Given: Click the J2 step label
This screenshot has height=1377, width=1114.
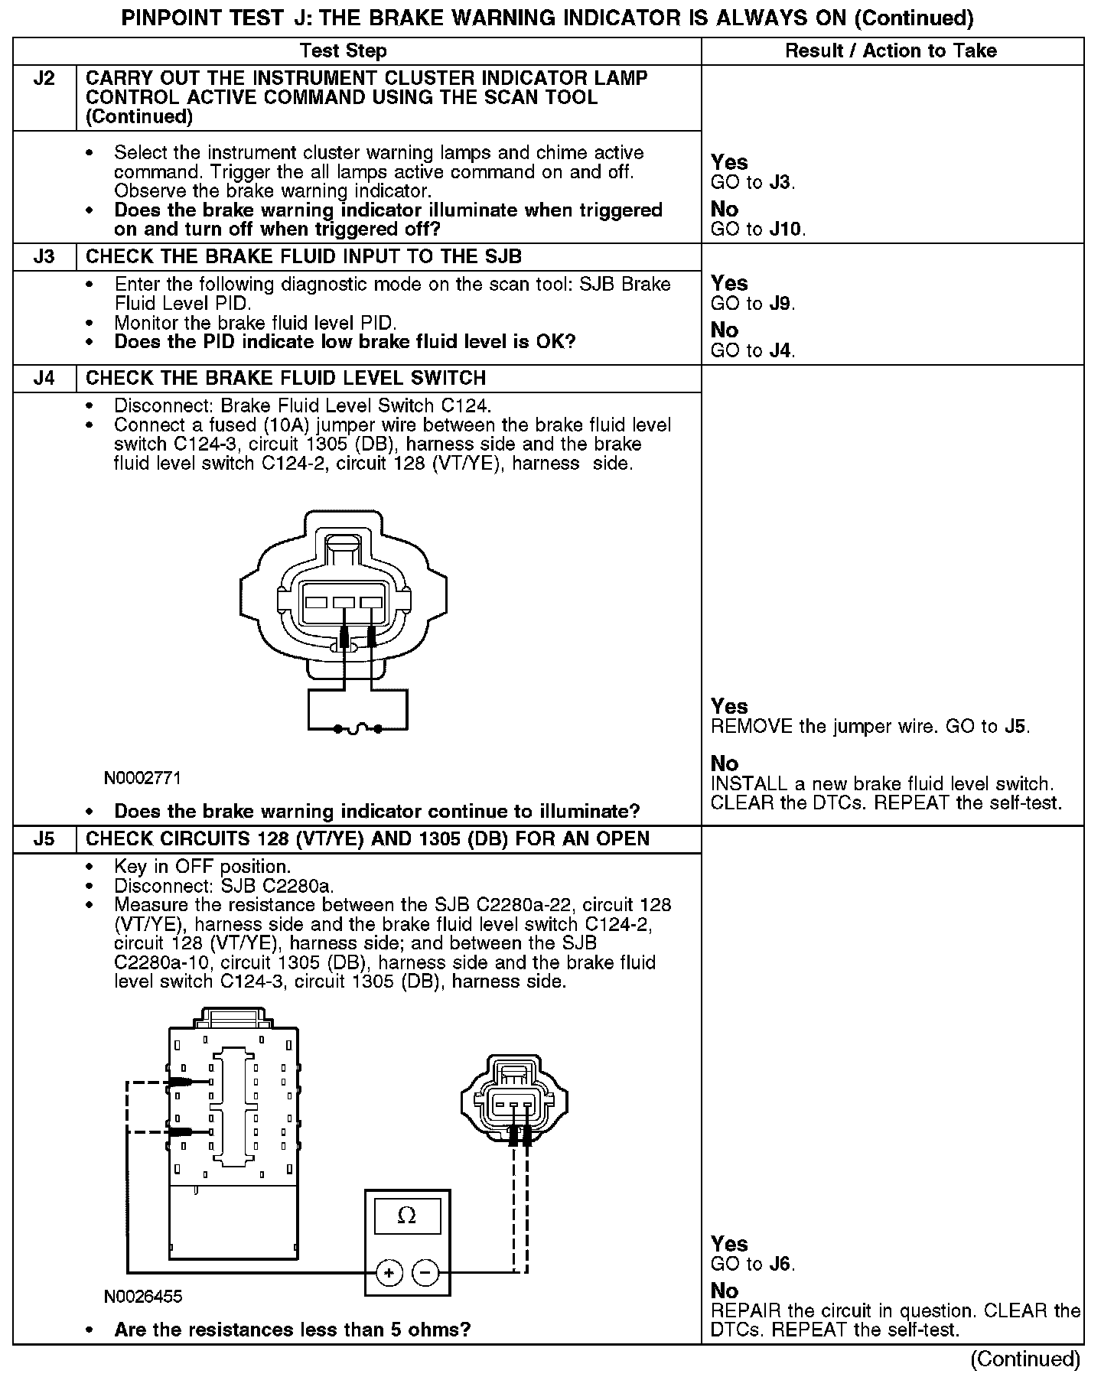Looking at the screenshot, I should (44, 79).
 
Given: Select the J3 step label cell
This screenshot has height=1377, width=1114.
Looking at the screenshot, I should (44, 256).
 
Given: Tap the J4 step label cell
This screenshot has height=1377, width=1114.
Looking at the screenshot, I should (44, 378).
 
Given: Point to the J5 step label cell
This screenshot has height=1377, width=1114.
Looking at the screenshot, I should (44, 838).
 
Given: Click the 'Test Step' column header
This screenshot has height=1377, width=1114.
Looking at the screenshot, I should (343, 51).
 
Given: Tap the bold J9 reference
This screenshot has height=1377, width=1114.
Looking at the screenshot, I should (780, 303).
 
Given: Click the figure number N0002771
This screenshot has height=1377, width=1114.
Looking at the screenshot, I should (143, 778).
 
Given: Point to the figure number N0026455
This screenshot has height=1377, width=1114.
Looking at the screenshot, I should (143, 1297).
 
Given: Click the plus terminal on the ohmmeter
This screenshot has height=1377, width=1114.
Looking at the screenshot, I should (389, 1274).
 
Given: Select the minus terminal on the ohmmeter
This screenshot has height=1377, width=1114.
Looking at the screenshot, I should (425, 1274).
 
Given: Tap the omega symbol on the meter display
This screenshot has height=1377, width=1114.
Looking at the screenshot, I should (407, 1216).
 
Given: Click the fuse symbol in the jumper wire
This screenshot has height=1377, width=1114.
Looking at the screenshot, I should (358, 729).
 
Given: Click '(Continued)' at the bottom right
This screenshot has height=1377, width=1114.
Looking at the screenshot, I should (1025, 1359).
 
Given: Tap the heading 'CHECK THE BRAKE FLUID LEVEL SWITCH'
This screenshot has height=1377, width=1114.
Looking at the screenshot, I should (285, 378).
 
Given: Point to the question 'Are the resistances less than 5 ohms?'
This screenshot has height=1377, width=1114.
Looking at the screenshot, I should (292, 1330).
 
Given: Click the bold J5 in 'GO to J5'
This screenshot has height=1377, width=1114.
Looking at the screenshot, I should (1015, 726).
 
